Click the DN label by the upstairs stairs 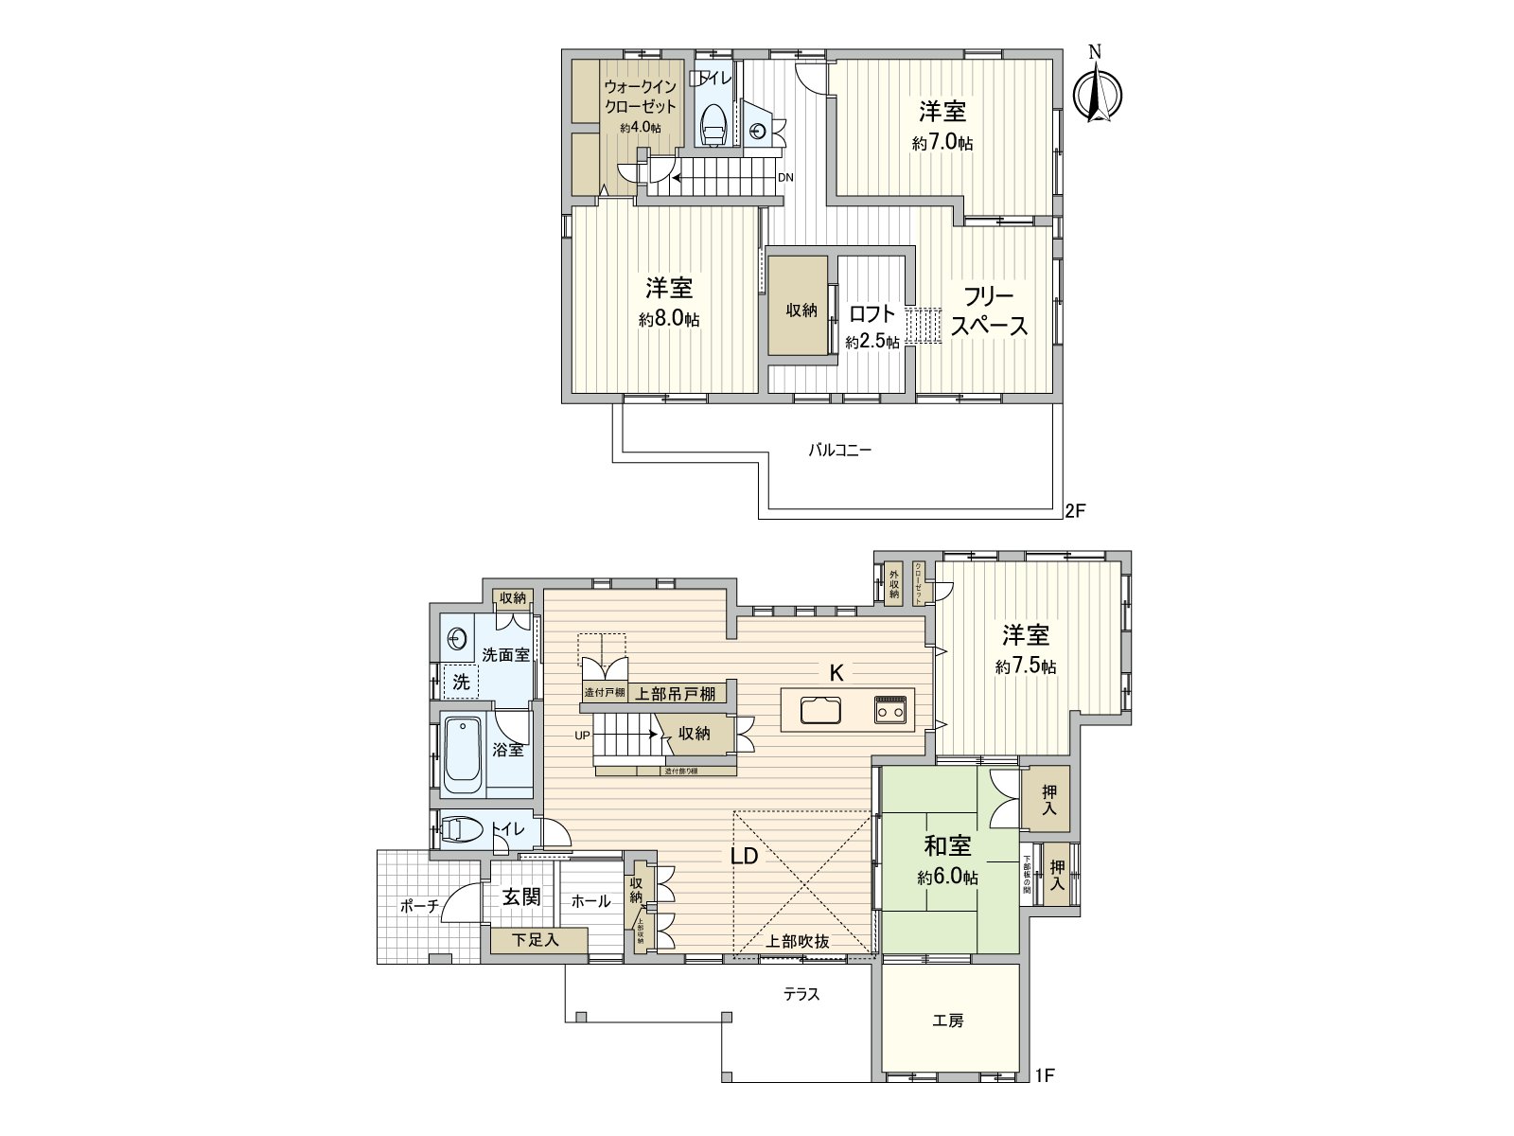(785, 177)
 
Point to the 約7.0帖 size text (942, 144)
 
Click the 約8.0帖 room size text (669, 320)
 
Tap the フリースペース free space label (989, 311)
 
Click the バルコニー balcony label (839, 451)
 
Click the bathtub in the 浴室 (463, 754)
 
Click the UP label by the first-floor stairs (583, 734)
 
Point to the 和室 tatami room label (947, 843)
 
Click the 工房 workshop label (947, 1021)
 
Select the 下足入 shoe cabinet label (537, 940)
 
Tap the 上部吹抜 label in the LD (798, 941)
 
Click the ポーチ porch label (419, 906)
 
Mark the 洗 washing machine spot (461, 681)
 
